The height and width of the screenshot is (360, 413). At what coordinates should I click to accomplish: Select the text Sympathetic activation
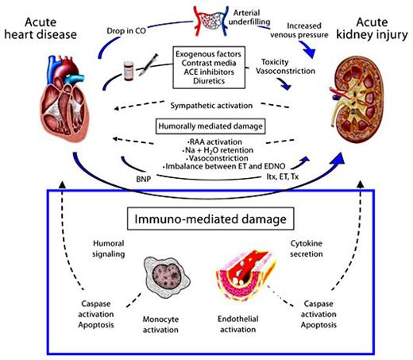(210, 104)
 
